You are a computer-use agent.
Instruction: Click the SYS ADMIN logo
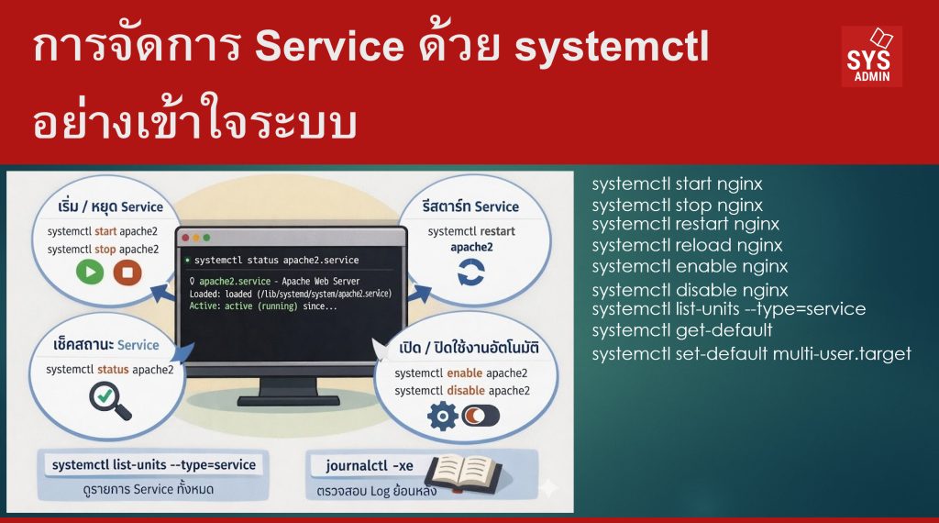point(871,56)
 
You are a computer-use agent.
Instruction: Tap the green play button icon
point(89,273)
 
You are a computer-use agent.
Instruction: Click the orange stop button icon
point(127,273)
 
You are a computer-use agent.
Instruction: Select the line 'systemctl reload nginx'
point(687,245)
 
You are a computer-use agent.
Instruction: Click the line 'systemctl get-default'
point(681,330)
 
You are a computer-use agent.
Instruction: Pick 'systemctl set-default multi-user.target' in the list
point(751,353)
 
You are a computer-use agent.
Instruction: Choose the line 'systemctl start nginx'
point(677,184)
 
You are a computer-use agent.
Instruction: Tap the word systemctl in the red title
point(612,48)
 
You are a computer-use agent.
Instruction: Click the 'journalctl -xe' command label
point(370,465)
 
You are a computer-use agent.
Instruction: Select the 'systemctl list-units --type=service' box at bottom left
point(154,465)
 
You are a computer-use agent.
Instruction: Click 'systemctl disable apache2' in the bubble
point(462,390)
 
